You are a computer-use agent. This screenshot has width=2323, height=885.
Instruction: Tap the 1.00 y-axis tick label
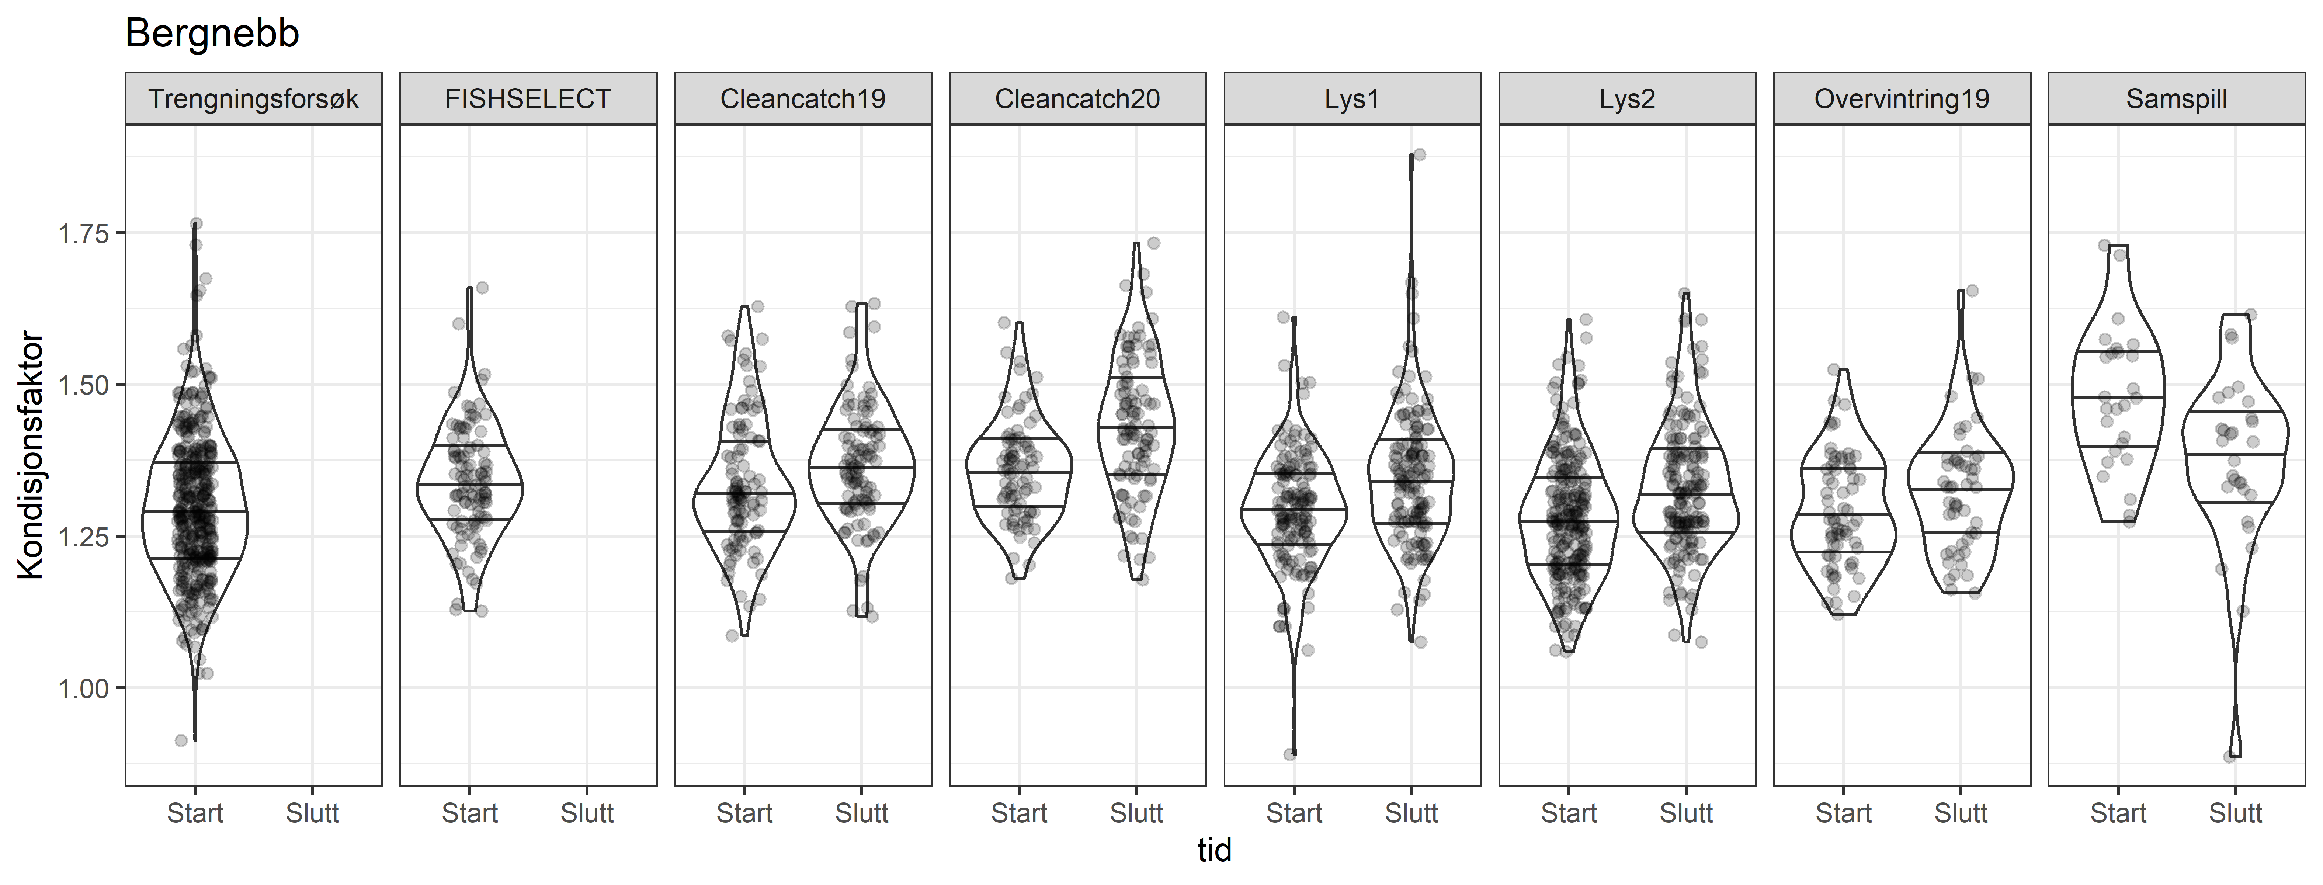pos(83,688)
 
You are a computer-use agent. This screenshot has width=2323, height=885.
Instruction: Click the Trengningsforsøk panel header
pos(253,98)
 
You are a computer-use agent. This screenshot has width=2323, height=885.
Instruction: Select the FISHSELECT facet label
pos(528,98)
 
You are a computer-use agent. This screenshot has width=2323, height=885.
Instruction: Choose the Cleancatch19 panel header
pos(803,98)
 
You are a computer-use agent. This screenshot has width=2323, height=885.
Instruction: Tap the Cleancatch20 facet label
pos(1078,98)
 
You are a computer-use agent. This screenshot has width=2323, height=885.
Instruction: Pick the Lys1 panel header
pos(1352,98)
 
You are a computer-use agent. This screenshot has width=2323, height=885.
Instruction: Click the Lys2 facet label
pos(1627,98)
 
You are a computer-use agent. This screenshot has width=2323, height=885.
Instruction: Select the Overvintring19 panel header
pos(1902,98)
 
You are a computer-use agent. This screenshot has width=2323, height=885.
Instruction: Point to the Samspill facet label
pos(2176,98)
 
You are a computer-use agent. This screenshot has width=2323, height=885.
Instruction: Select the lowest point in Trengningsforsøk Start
pos(181,741)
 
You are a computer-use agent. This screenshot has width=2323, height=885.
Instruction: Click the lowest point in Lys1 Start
pos(1289,754)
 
